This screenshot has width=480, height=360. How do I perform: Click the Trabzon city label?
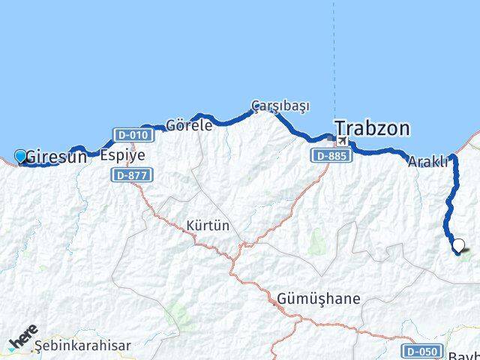pos(373,128)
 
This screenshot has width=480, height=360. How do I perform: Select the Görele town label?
pos(189,125)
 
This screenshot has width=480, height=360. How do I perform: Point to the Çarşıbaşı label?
pos(280,106)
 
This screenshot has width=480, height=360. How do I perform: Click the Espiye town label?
pos(122,156)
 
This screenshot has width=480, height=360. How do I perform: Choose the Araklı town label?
pos(428,161)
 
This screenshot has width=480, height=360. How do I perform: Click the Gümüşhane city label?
pos(318,298)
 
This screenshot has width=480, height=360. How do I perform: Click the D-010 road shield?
pos(133,135)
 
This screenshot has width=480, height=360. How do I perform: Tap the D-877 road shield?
pos(132,175)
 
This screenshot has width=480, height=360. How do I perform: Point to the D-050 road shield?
pos(421,350)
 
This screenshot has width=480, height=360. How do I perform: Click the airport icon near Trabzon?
pos(343,140)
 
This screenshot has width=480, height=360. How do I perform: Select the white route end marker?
pos(459,245)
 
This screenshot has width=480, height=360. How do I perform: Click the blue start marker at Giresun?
pos(20,156)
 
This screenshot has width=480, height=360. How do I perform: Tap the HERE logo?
pos(22,338)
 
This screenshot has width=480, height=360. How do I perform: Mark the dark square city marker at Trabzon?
pos(332,138)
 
